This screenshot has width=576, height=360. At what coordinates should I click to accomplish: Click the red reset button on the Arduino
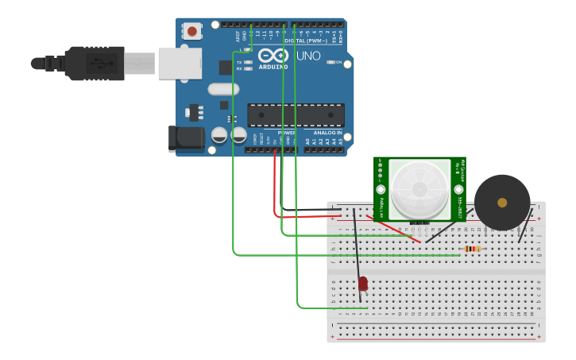[191, 31]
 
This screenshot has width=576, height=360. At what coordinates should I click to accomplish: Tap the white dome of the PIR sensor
[419, 188]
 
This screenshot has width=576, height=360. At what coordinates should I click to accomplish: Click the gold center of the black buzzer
[502, 203]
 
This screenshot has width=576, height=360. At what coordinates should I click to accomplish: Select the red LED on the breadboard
[363, 283]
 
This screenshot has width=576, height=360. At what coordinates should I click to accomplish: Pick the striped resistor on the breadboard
[473, 249]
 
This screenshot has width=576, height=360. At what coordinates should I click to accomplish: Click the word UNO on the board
[308, 56]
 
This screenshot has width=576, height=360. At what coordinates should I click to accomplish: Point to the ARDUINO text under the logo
[273, 68]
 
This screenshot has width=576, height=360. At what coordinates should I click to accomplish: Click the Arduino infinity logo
[273, 56]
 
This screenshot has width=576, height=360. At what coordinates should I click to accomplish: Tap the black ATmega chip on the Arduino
[296, 115]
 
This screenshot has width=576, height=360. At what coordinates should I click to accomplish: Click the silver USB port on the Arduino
[176, 63]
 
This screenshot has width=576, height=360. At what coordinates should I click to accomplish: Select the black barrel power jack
[186, 138]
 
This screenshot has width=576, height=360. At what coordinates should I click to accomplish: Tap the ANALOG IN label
[327, 133]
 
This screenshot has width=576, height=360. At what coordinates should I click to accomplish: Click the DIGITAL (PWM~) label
[312, 41]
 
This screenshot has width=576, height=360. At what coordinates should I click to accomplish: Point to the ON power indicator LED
[331, 62]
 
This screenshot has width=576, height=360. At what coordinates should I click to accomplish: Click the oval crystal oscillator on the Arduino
[224, 90]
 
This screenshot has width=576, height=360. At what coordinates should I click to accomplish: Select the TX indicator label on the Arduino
[239, 62]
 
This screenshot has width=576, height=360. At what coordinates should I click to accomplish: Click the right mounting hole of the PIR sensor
[458, 189]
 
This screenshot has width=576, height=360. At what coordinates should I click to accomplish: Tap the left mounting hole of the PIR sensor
[380, 189]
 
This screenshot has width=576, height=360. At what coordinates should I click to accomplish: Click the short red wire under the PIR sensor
[394, 230]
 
